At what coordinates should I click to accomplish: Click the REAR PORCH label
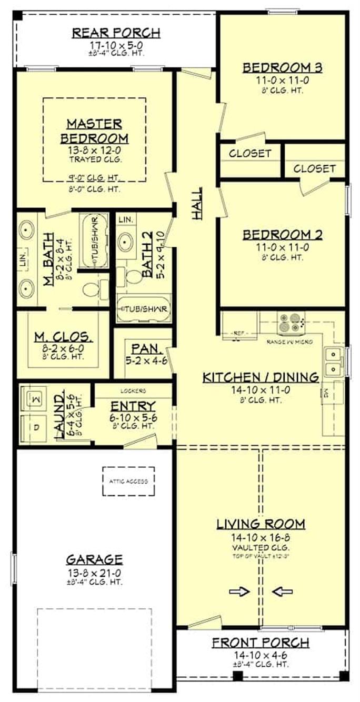coord(116,33)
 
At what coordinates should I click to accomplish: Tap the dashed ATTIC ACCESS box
coord(128,481)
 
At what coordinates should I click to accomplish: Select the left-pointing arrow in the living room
coord(282,591)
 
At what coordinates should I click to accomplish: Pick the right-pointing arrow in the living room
coord(239,591)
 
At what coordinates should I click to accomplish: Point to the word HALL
coord(197,203)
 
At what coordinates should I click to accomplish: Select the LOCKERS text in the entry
coord(133,391)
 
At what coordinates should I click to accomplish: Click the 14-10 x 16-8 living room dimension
coord(261,538)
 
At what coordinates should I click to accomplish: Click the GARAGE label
coord(94,559)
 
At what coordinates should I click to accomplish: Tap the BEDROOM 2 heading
coord(282,235)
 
